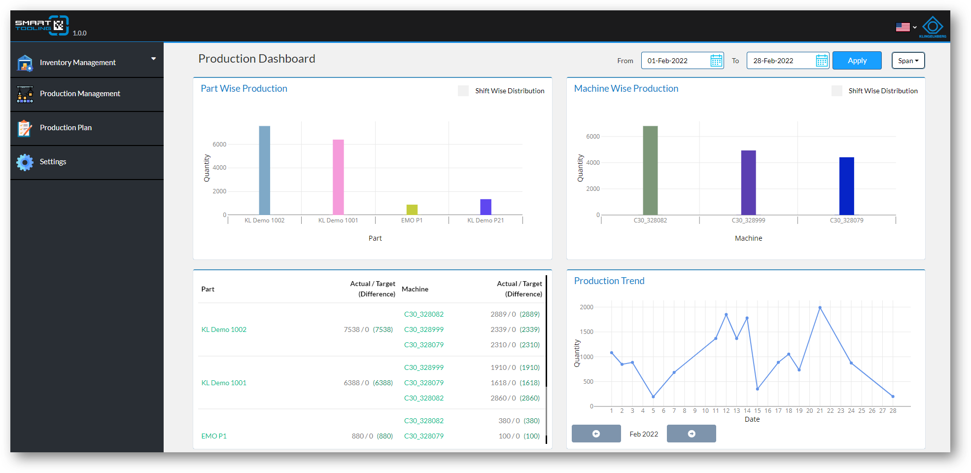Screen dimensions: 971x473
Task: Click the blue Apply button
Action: [857, 61]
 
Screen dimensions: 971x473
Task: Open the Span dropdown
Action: [908, 61]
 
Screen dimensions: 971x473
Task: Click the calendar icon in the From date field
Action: [716, 61]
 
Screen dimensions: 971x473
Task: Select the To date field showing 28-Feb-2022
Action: [788, 61]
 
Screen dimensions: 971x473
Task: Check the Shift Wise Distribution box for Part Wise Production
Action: [463, 91]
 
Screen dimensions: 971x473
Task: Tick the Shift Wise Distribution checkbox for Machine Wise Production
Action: [836, 91]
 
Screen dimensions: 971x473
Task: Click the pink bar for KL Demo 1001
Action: [338, 177]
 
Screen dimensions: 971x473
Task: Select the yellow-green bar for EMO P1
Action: [412, 210]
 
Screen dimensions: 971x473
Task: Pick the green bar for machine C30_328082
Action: [650, 170]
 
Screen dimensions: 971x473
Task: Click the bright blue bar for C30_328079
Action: [847, 186]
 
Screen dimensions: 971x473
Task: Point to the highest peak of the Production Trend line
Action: [820, 308]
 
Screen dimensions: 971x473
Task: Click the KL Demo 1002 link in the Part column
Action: [224, 329]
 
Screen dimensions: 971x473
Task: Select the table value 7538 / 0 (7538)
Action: [368, 329]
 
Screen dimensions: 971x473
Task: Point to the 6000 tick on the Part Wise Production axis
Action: [219, 145]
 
